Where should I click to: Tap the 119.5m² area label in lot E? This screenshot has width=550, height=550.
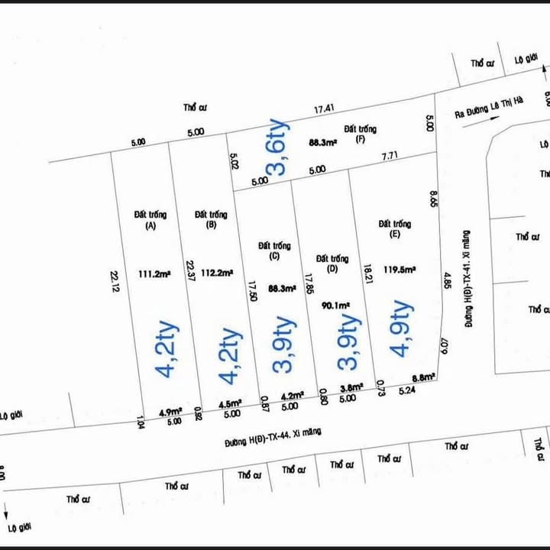tap(400, 269)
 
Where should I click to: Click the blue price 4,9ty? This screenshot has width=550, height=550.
tap(401, 328)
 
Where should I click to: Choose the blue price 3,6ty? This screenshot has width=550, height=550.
tap(277, 147)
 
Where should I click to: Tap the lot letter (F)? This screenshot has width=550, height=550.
tap(360, 141)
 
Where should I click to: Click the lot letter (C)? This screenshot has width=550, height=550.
tap(274, 257)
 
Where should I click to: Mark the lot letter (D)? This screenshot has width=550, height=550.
tap(332, 270)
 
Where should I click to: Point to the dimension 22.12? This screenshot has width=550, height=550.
tap(115, 282)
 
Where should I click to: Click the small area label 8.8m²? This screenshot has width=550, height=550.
tap(423, 377)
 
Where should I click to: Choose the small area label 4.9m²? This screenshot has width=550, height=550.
tap(169, 412)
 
